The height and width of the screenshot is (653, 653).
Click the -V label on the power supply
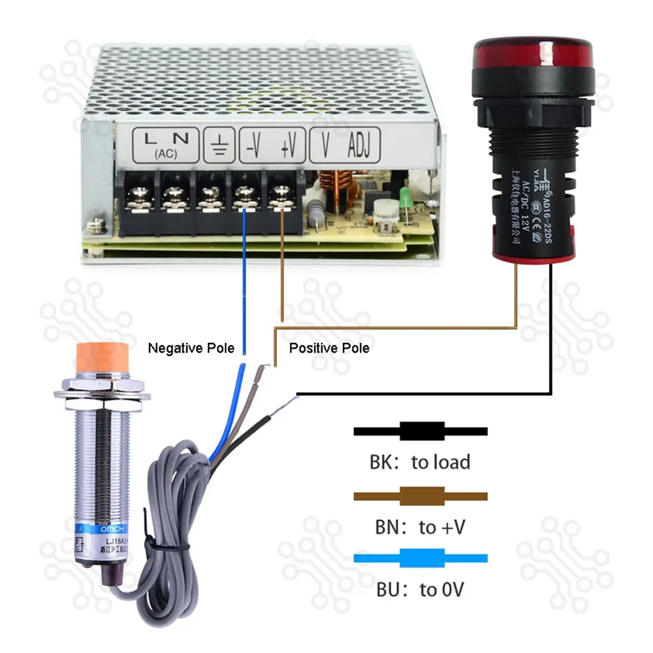coord(253,146)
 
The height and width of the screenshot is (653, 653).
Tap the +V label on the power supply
coord(287,146)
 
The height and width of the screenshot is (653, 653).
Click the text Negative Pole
coord(191,348)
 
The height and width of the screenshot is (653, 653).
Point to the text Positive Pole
coord(329,348)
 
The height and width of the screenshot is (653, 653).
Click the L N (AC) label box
coord(166,144)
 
